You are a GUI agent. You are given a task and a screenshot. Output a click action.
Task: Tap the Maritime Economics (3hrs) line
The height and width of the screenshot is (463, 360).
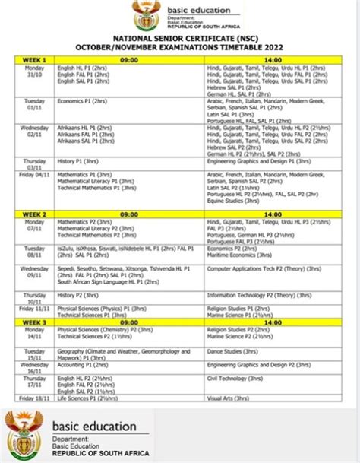click(x=235, y=255)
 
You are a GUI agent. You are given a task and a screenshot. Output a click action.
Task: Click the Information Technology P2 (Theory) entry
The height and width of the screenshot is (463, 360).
click(x=263, y=294)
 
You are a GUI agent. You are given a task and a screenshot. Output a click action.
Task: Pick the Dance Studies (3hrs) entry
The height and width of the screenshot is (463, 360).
click(x=229, y=350)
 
